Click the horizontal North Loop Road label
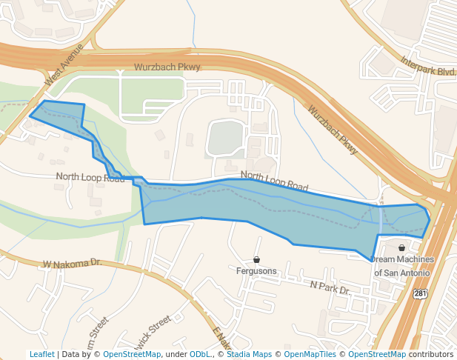click(x=90, y=177)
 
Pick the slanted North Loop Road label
click(x=274, y=181)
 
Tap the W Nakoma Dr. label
click(x=72, y=263)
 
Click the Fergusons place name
click(x=256, y=271)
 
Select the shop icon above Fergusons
click(x=256, y=260)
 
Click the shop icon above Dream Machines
click(x=401, y=248)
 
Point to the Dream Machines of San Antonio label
click(x=401, y=266)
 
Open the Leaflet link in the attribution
click(x=42, y=354)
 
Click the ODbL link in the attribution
click(x=200, y=354)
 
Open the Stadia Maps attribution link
click(x=249, y=354)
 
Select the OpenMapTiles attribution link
click(x=313, y=354)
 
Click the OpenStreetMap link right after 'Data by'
click(x=132, y=354)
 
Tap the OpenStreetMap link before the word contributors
click(x=377, y=354)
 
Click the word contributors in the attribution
click(x=431, y=354)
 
